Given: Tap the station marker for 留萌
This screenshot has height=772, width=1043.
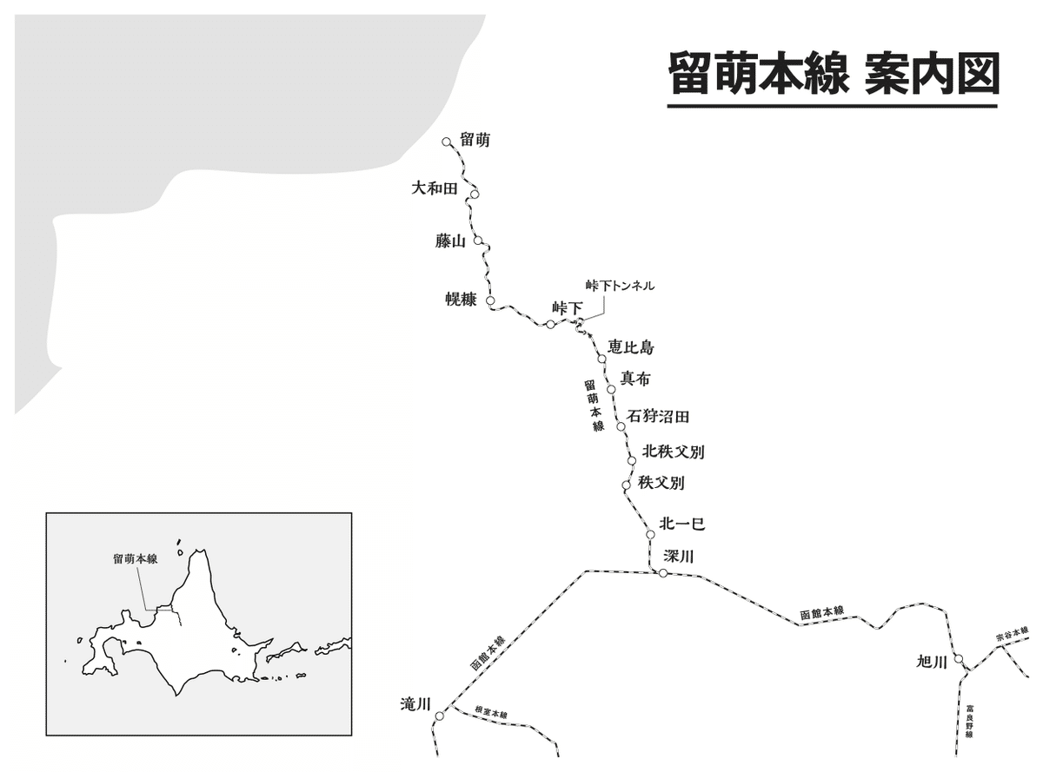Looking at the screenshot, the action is pyautogui.click(x=446, y=142).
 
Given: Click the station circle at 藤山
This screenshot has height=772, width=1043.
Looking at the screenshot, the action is pyautogui.click(x=478, y=242).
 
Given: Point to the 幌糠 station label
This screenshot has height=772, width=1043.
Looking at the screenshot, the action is pyautogui.click(x=461, y=300).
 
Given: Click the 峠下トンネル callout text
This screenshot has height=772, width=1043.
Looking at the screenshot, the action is pyautogui.click(x=620, y=286).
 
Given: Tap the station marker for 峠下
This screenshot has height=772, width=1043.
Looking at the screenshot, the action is pyautogui.click(x=550, y=325).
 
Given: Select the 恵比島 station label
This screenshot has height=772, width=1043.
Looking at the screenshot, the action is pyautogui.click(x=631, y=347).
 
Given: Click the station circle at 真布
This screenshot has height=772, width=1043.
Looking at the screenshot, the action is pyautogui.click(x=611, y=388).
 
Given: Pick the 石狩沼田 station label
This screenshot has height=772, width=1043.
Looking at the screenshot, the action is pyautogui.click(x=658, y=417).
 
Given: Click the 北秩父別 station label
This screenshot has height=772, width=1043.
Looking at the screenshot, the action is pyautogui.click(x=673, y=452).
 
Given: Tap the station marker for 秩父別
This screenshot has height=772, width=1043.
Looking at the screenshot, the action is pyautogui.click(x=626, y=485).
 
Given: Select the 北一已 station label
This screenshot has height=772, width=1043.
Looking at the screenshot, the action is pyautogui.click(x=681, y=525).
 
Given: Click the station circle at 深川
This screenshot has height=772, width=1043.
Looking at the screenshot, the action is pyautogui.click(x=662, y=573).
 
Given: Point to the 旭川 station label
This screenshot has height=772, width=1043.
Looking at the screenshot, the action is pyautogui.click(x=931, y=663).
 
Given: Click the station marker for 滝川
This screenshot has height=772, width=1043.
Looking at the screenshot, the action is pyautogui.click(x=439, y=716).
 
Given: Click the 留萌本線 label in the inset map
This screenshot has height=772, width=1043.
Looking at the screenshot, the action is pyautogui.click(x=135, y=560).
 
